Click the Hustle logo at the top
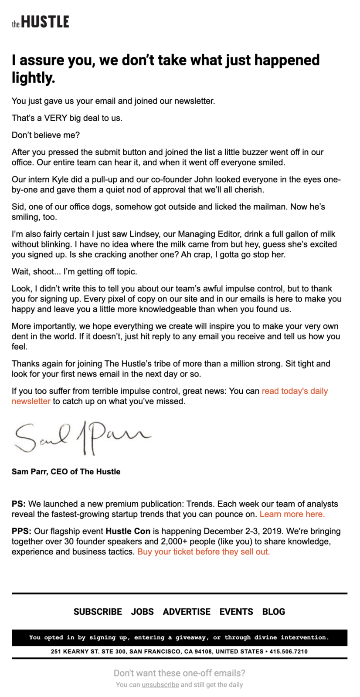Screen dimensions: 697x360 click(x=40, y=22)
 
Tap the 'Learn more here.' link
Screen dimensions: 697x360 click(x=292, y=514)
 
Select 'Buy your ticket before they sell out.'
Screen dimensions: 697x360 click(x=203, y=552)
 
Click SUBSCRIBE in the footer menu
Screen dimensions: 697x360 click(x=98, y=612)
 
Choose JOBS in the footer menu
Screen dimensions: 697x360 click(x=142, y=612)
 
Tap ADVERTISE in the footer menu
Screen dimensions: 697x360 click(x=187, y=612)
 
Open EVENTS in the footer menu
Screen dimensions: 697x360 click(x=236, y=612)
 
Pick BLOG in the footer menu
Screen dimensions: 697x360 click(x=274, y=612)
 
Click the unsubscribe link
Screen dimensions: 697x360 click(x=160, y=684)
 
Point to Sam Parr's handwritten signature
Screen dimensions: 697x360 click(x=83, y=436)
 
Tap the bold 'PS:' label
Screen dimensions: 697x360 click(x=19, y=504)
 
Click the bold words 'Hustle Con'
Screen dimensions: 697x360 click(x=128, y=531)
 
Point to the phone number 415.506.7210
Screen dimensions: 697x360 click(x=289, y=652)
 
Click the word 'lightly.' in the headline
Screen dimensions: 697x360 click(x=34, y=78)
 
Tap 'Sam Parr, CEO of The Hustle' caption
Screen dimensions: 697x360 click(x=66, y=472)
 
